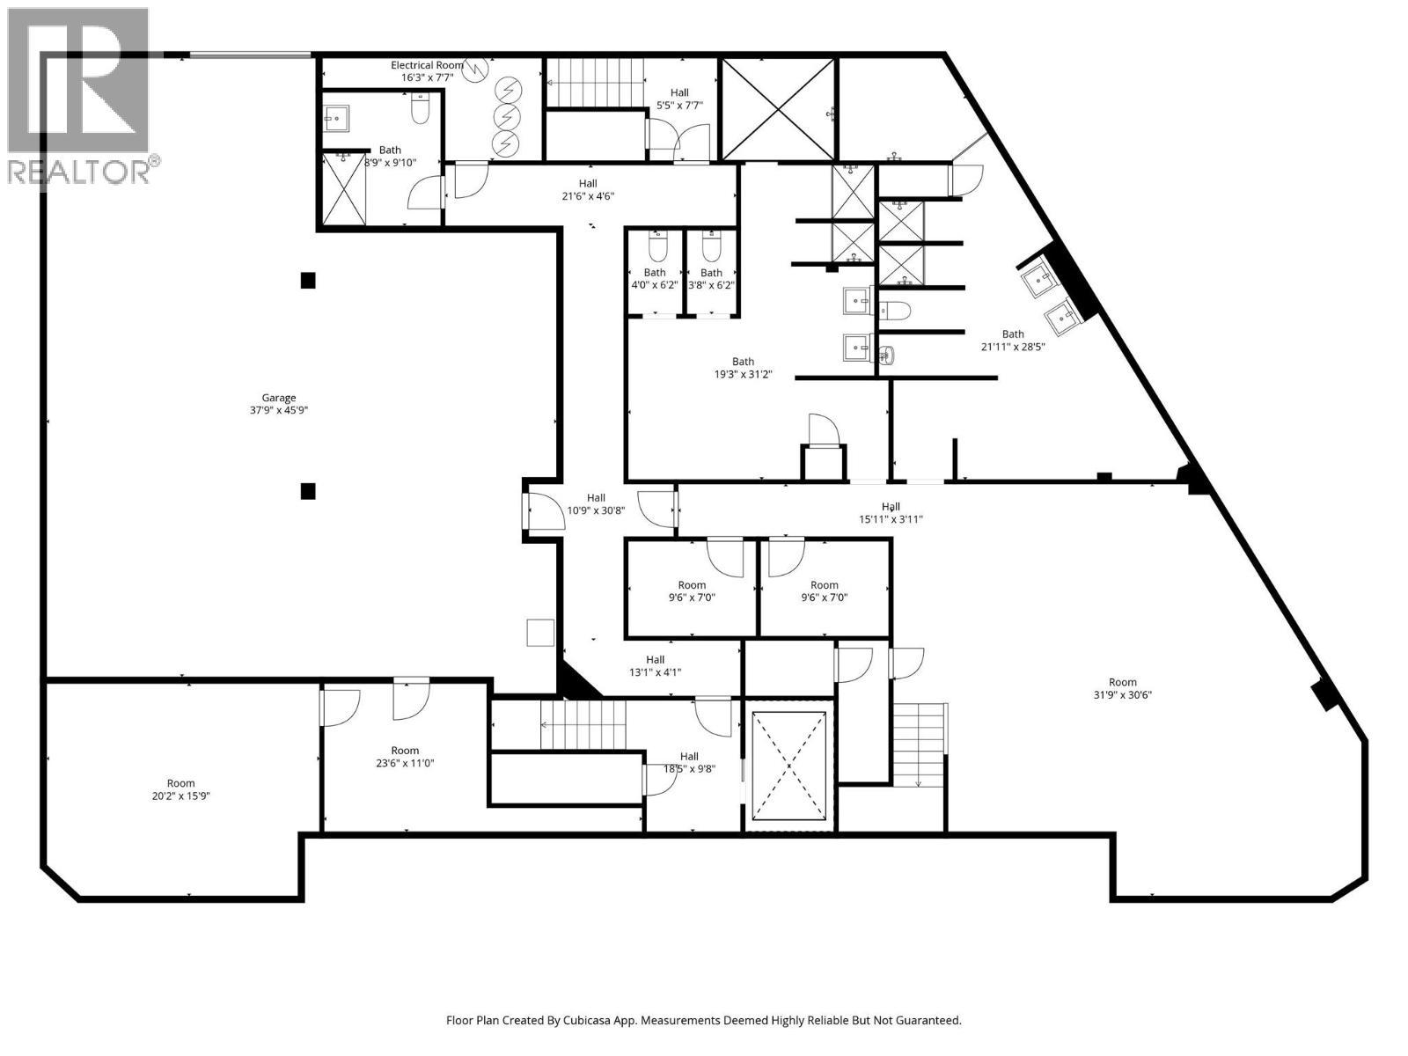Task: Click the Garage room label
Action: click(x=278, y=398)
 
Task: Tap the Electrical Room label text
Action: click(x=427, y=65)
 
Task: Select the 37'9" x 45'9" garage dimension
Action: click(x=278, y=410)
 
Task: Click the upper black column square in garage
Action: click(x=308, y=281)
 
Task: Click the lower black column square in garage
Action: click(x=308, y=491)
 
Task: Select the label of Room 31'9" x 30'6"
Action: click(x=1122, y=682)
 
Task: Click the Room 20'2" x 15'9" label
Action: click(x=181, y=783)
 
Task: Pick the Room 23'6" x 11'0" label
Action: click(x=405, y=751)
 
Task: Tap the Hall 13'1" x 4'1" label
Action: click(x=655, y=660)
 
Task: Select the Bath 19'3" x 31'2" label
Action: click(x=743, y=362)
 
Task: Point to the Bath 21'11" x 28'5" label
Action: click(x=1013, y=334)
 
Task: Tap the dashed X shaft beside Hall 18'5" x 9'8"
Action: click(x=789, y=765)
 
